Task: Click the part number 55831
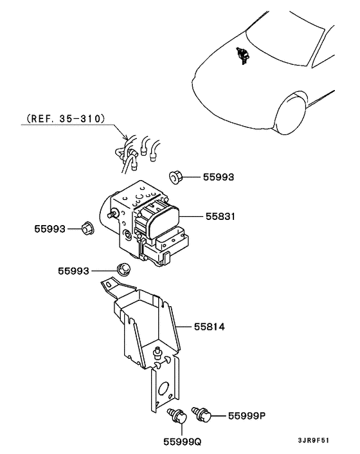tap(221, 217)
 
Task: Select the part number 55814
tap(211, 327)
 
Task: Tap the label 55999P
tap(247, 416)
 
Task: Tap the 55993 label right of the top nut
tap(219, 177)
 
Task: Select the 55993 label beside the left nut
tap(50, 228)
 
